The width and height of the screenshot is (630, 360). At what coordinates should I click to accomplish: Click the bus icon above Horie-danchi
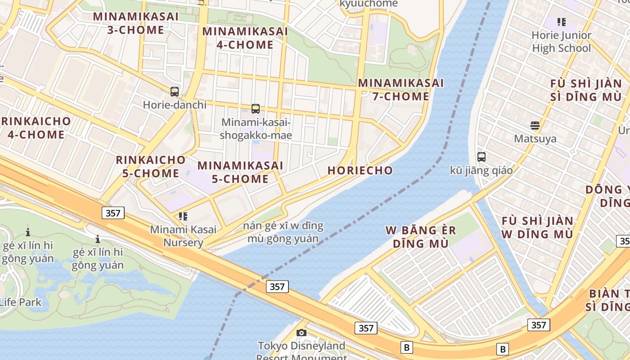175,92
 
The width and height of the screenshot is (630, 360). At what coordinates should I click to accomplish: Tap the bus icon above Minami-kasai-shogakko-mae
256,109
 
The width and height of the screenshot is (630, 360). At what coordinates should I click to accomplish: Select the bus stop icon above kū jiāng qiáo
481,157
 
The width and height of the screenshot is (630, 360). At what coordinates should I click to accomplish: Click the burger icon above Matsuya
535,125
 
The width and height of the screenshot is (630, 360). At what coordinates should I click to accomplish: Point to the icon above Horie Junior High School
561,22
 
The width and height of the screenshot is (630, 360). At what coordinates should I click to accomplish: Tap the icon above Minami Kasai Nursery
183,216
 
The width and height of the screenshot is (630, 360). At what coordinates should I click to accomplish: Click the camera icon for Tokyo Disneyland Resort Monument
301,333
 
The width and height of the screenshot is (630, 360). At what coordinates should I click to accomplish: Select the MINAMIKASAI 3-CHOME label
135,23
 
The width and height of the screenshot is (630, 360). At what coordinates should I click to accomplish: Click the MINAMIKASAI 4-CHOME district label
245,38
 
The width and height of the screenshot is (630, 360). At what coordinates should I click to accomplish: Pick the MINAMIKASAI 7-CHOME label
400,90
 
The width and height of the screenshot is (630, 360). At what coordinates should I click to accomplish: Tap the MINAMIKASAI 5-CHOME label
240,172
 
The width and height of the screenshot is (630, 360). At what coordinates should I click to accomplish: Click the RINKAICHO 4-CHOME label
36,128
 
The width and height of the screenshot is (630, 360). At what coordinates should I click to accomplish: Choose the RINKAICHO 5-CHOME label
151,166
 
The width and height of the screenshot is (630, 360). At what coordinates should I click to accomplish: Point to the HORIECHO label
360,171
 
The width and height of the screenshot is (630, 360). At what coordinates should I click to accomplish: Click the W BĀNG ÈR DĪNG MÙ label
421,237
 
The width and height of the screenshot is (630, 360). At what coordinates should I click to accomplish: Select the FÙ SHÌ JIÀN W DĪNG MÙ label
537,228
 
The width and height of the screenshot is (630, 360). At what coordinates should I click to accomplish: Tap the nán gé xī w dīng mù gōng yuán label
283,232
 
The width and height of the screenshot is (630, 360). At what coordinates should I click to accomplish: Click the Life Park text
20,302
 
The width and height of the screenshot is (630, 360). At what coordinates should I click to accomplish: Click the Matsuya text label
535,139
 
